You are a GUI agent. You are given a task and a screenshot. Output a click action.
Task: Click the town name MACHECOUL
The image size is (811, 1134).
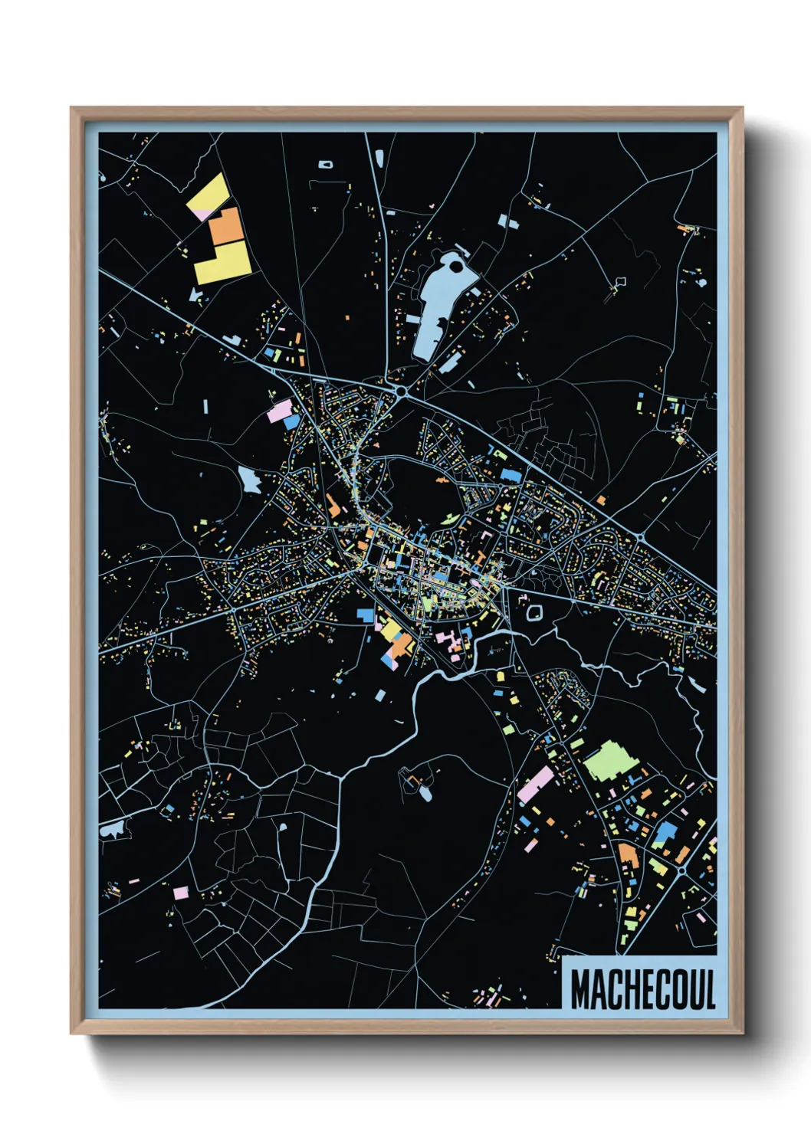[642, 989]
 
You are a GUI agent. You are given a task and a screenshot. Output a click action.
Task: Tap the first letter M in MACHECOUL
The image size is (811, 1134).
[580, 989]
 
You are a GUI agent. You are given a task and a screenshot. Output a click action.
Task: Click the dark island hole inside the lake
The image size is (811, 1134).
[457, 267]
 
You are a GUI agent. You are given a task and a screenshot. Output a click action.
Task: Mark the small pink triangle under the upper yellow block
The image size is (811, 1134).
[202, 215]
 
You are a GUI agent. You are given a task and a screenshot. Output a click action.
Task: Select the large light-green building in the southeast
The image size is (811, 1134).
[611, 760]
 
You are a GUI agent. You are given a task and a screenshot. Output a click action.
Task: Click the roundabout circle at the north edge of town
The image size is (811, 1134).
[402, 392]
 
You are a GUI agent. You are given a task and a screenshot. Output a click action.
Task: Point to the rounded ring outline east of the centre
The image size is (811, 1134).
[534, 612]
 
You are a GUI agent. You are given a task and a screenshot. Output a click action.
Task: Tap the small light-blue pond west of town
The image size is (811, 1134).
[249, 479]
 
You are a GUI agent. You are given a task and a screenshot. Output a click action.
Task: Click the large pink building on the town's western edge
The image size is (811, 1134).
[281, 410]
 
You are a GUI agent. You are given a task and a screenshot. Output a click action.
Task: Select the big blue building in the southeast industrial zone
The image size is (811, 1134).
[665, 833]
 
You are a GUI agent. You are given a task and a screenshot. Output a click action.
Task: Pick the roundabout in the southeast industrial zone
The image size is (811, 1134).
[681, 871]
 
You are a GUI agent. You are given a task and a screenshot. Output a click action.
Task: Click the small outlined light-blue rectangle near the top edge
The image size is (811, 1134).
[325, 164]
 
